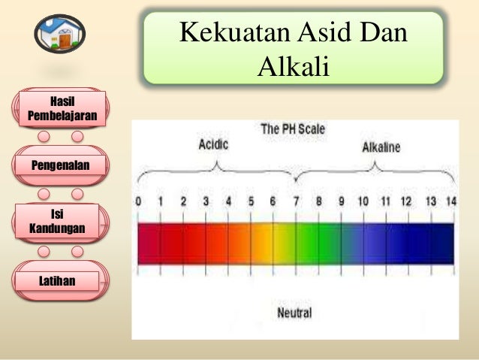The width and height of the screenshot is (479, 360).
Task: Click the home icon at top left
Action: (x=59, y=34)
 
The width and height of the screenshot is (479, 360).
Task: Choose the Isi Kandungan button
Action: (x=57, y=220)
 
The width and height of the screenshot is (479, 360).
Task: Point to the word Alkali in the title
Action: (x=294, y=67)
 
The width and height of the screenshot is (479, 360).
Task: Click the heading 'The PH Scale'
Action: (x=293, y=129)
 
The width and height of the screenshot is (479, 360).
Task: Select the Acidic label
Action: (x=213, y=144)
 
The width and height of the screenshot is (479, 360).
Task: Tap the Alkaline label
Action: (x=381, y=148)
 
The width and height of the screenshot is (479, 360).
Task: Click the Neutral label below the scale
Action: (x=294, y=313)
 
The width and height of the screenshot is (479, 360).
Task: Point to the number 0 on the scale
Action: (x=139, y=201)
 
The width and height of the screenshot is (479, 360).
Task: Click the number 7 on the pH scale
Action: (x=297, y=201)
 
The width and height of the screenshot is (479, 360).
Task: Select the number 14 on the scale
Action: (x=450, y=201)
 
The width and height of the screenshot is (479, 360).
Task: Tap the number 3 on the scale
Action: (x=206, y=201)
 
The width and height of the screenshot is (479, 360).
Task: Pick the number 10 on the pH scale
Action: (x=363, y=201)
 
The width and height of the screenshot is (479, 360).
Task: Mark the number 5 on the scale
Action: (x=251, y=201)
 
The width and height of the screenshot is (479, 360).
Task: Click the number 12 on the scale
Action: (x=406, y=201)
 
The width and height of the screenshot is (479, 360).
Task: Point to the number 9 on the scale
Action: (x=341, y=201)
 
